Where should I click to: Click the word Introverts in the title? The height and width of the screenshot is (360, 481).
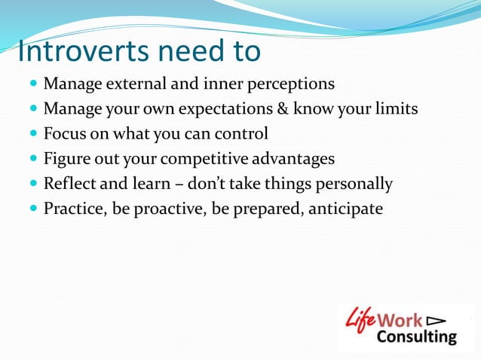tap(83, 51)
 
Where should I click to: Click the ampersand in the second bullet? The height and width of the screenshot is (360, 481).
tap(278, 108)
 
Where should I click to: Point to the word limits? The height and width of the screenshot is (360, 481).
tap(394, 108)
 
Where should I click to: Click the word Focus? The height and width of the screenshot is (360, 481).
tap(65, 133)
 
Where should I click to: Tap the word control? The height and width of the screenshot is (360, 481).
tap(241, 133)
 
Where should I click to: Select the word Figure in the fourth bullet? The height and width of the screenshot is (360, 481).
tap(67, 158)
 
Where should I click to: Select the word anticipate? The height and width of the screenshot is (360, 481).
tap(345, 209)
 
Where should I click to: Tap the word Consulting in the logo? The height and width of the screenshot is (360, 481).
tap(415, 337)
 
